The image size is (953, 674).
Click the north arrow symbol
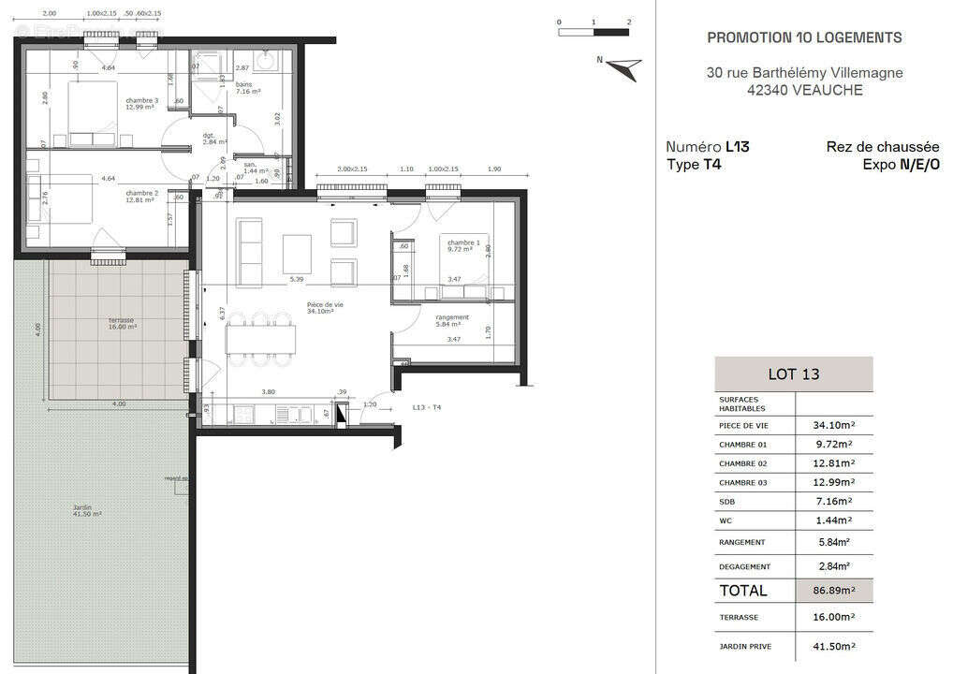pyautogui.click(x=622, y=67)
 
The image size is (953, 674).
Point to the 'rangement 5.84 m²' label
pyautogui.click(x=452, y=321)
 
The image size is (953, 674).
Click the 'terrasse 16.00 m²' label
pyautogui.click(x=121, y=324)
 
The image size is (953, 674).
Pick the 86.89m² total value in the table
pyautogui.click(x=833, y=591)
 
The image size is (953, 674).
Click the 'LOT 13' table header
pyautogui.click(x=793, y=374)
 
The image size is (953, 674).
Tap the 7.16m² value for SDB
pyautogui.click(x=833, y=502)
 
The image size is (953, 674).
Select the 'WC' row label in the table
pyautogui.click(x=726, y=521)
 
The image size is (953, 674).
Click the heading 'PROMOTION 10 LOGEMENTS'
pyautogui.click(x=804, y=37)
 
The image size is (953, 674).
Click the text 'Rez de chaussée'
pyautogui.click(x=882, y=147)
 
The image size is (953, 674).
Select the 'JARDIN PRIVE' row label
pyautogui.click(x=745, y=646)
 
